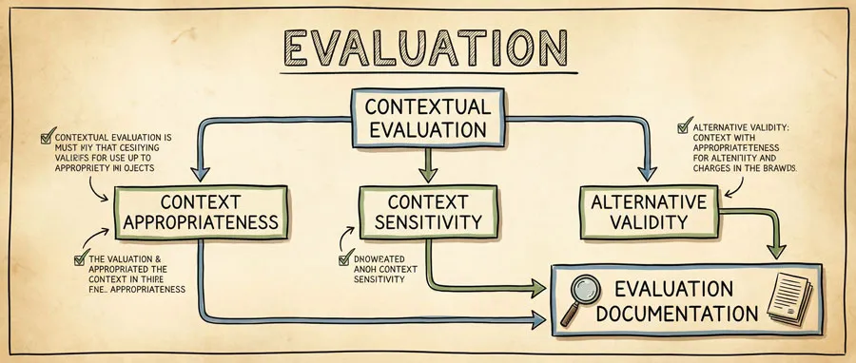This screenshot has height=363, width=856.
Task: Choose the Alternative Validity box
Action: coord(650,211)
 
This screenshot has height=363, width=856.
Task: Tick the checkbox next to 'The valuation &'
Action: coord(80,258)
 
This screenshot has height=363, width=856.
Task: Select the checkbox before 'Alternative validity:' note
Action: coord(682,126)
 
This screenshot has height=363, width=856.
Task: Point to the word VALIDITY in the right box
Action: coord(650,223)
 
